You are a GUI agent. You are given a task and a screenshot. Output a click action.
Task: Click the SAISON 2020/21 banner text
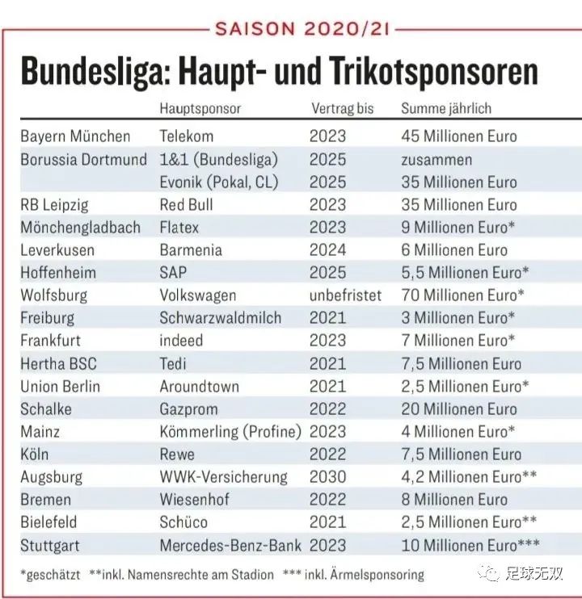point(302,30)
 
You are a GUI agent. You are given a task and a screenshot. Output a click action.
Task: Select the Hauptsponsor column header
point(200,108)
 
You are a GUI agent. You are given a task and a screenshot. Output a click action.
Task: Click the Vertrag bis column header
point(345,108)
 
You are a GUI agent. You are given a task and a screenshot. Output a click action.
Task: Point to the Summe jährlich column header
point(446,108)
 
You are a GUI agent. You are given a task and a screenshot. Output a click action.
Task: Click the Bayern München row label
point(75,136)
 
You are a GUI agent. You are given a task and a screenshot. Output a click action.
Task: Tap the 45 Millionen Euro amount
point(459,136)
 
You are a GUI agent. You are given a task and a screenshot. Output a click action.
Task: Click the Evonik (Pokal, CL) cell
point(218,182)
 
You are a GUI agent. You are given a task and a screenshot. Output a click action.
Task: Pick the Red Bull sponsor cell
point(187,204)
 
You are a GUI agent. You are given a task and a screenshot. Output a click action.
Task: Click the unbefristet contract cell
point(345,295)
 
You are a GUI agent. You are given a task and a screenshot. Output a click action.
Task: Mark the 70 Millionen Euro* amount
point(463,295)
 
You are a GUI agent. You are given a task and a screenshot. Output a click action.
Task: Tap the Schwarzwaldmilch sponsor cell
point(220,318)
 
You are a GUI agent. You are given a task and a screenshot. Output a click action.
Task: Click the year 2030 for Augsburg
point(327,477)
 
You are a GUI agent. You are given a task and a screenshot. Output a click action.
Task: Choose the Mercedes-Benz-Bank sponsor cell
point(230,545)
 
